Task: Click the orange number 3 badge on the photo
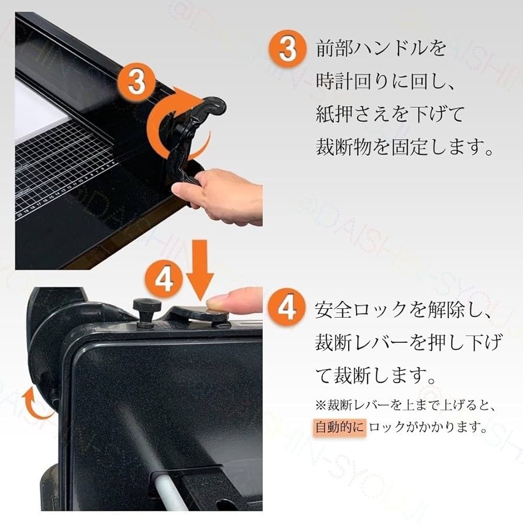point(136,81)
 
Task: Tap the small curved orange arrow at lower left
point(33,404)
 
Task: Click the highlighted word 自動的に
point(340,426)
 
